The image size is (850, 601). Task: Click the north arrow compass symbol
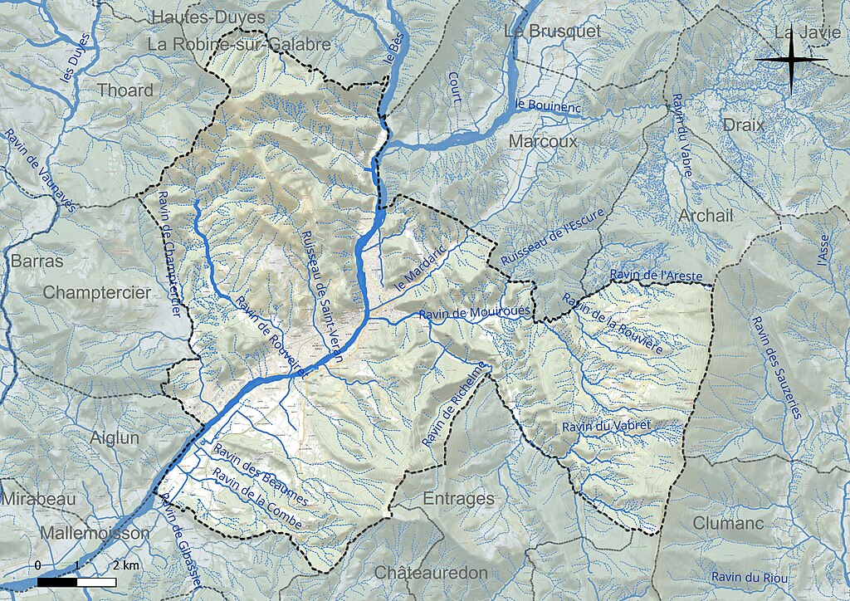click(x=792, y=60)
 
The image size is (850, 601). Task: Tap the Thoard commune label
click(x=125, y=90)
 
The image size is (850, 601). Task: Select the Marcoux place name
click(x=543, y=142)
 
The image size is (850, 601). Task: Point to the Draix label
click(x=743, y=125)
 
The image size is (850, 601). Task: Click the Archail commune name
click(x=706, y=216)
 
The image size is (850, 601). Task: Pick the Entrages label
click(x=458, y=499)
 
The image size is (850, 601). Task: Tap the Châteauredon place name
click(x=430, y=573)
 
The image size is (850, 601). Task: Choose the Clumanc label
click(x=728, y=524)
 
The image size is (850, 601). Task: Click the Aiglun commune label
click(x=115, y=437)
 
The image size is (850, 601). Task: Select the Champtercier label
click(x=97, y=293)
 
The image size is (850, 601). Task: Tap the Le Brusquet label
click(x=552, y=32)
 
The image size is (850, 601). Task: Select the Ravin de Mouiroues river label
click(x=474, y=313)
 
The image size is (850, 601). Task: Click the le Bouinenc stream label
click(x=548, y=106)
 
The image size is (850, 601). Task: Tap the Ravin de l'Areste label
click(x=655, y=275)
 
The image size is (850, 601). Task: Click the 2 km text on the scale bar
click(x=125, y=565)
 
